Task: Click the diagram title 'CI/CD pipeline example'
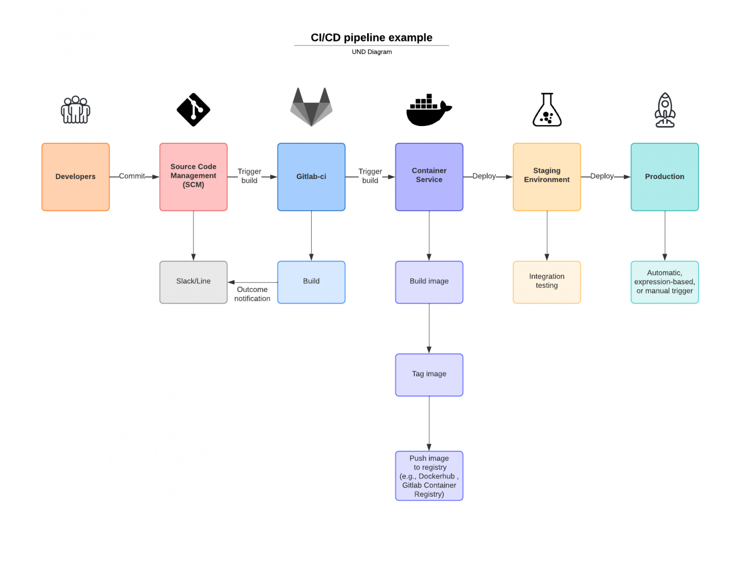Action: click(371, 38)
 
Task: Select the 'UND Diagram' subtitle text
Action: click(371, 52)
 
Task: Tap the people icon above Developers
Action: click(75, 110)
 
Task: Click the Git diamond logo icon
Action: click(193, 110)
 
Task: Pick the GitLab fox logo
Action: click(311, 107)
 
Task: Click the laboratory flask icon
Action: click(547, 110)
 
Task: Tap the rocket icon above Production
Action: click(664, 110)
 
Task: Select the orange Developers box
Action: click(75, 177)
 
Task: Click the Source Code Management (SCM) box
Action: click(193, 177)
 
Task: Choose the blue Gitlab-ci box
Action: click(311, 177)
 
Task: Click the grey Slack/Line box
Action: click(193, 282)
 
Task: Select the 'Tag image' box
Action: click(429, 375)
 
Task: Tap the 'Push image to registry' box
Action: click(429, 475)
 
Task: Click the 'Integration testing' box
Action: click(547, 282)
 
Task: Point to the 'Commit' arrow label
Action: click(132, 176)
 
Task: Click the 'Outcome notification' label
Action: click(252, 294)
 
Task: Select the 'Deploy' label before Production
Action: click(602, 176)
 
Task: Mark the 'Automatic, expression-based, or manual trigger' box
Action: click(664, 282)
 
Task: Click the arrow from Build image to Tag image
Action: click(429, 328)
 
